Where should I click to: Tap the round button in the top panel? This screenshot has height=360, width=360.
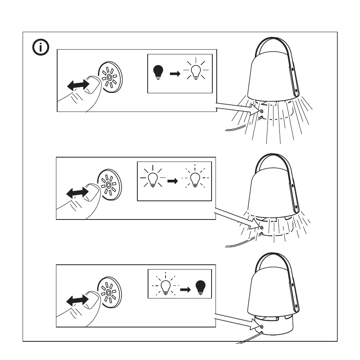coord(111,78)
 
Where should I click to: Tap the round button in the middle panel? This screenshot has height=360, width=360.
coord(109,185)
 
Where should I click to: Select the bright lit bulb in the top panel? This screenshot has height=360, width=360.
coord(196,71)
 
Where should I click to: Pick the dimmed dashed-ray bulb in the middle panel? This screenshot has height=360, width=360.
coord(195,179)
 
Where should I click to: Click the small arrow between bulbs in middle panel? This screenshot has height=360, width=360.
coord(172,181)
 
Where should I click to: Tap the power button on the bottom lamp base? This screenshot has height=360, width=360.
coord(261,326)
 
